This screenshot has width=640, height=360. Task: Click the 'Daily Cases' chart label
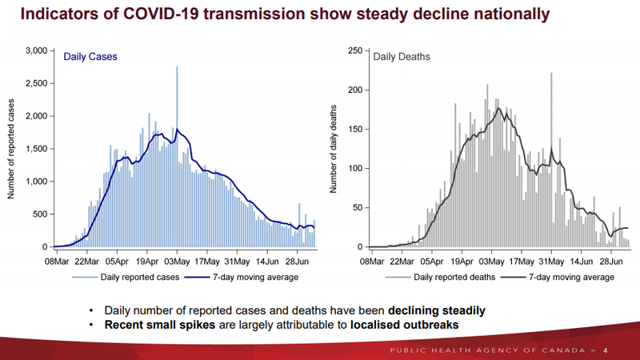(90, 57)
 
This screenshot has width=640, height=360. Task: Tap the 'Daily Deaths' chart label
(402, 57)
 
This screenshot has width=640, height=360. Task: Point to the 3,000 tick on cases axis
(36, 50)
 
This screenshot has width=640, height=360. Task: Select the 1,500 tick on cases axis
(36, 149)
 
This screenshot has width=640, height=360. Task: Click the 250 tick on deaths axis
(354, 50)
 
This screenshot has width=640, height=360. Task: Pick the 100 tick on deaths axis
(354, 168)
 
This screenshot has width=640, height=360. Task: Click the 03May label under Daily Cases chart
(177, 261)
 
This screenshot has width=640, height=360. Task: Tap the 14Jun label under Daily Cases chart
(267, 261)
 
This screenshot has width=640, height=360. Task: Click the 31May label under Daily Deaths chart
(551, 261)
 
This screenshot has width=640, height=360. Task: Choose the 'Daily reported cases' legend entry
(136, 277)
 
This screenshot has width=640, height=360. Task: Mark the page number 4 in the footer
(605, 350)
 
